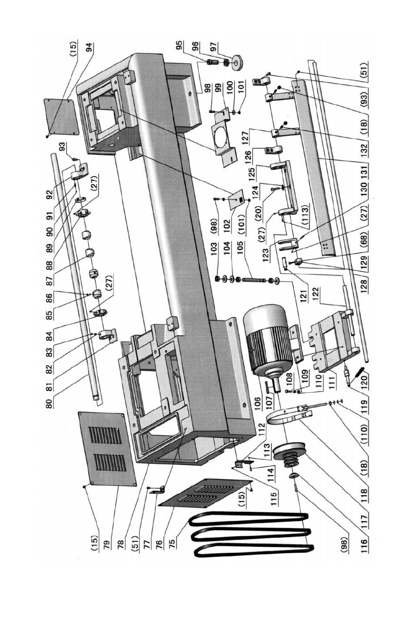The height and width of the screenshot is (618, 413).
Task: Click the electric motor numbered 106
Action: [x=269, y=344]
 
